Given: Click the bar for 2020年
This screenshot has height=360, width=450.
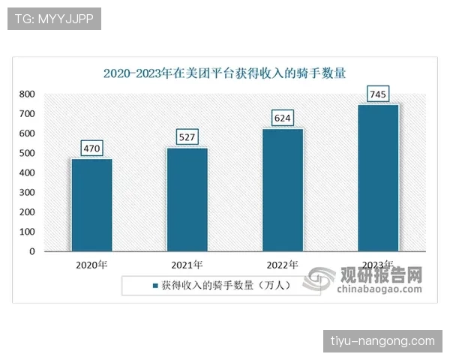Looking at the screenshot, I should (x=91, y=205).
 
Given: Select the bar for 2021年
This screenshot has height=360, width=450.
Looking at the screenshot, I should (x=187, y=199).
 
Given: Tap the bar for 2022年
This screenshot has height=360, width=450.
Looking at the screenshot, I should (x=282, y=190).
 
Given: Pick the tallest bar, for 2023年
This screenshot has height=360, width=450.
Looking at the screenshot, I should (x=378, y=178).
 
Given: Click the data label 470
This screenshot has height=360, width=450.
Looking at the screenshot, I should (x=91, y=148).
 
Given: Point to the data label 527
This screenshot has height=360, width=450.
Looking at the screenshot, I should (x=187, y=136).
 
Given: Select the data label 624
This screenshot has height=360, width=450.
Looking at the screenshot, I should (x=282, y=118).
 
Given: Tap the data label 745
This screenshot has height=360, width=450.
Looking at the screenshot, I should (x=378, y=94).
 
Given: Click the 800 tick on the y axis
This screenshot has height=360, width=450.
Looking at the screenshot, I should (x=27, y=94).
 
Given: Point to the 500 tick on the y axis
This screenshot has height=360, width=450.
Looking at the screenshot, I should (x=27, y=153).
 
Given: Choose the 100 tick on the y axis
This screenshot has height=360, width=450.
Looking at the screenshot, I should (x=27, y=232).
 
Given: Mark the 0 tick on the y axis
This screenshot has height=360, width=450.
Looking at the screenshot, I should (x=31, y=251).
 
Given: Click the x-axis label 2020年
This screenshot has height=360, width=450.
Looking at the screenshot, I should (x=91, y=265).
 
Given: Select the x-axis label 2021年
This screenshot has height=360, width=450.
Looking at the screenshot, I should (x=187, y=265).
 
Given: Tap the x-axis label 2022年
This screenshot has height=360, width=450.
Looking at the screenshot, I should (x=282, y=265).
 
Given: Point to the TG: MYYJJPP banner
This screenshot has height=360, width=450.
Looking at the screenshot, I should (x=54, y=19).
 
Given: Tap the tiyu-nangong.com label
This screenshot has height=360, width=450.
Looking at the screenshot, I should (x=382, y=341).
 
